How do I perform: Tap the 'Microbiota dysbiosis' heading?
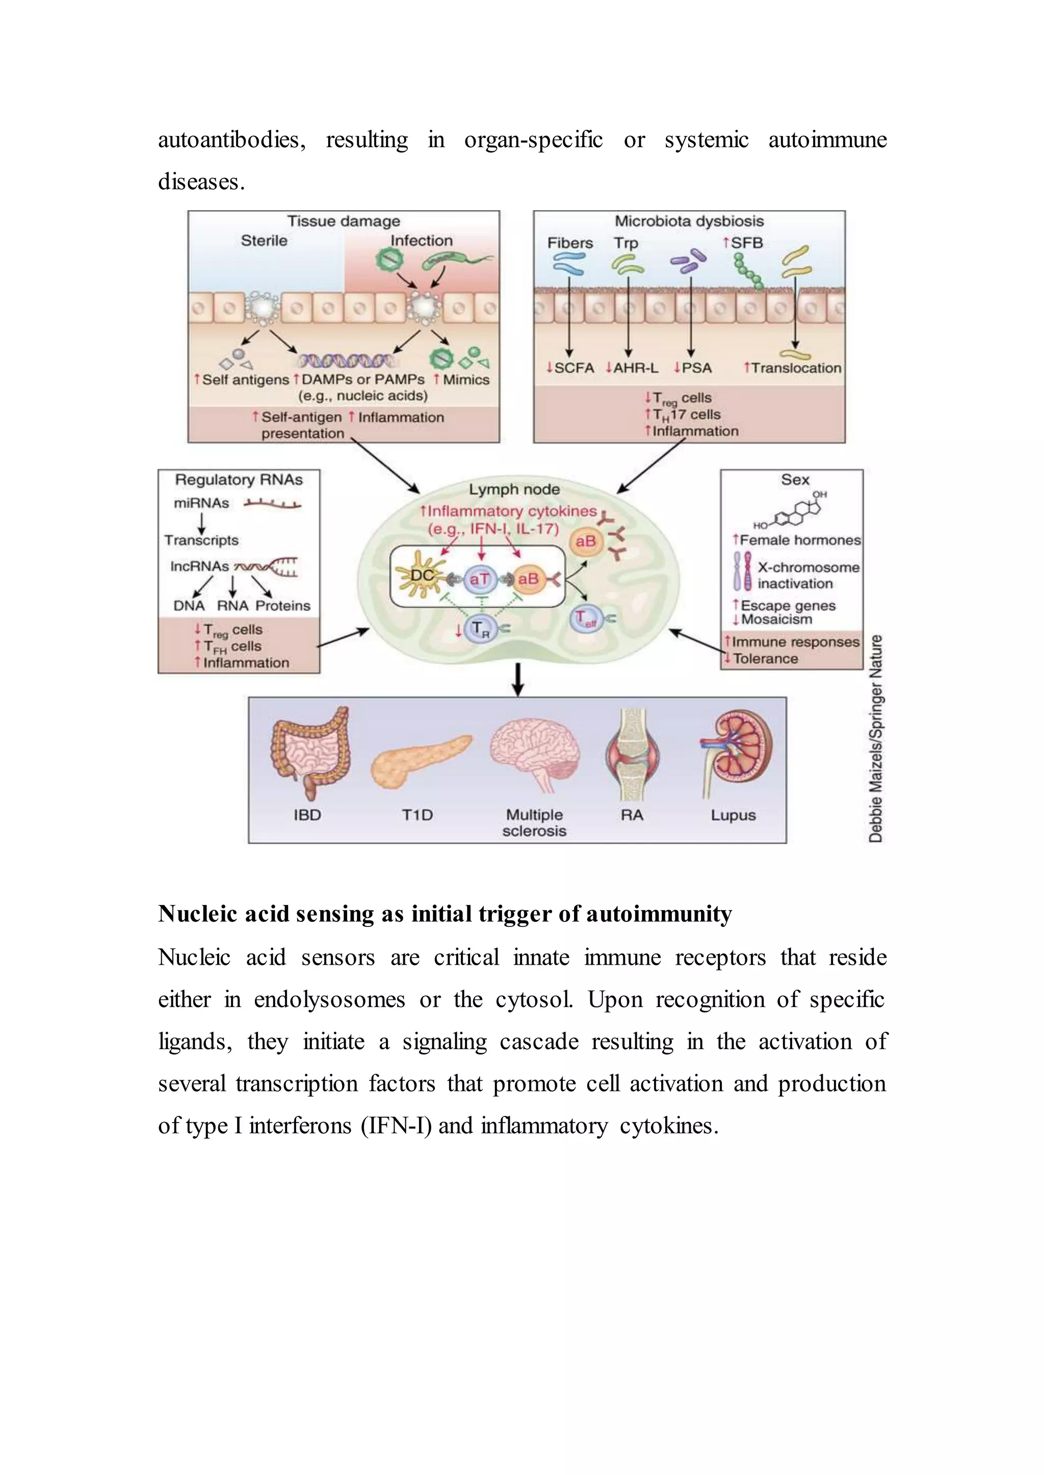click(689, 221)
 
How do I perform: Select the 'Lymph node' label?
click(514, 489)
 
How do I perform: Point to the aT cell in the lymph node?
click(480, 579)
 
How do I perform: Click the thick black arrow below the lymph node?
click(518, 679)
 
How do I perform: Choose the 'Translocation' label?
click(796, 368)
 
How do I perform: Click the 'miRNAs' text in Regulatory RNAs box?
click(201, 504)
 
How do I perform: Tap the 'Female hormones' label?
click(800, 540)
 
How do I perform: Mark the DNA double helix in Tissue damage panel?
click(346, 361)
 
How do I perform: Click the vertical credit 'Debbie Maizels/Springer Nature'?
click(876, 739)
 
